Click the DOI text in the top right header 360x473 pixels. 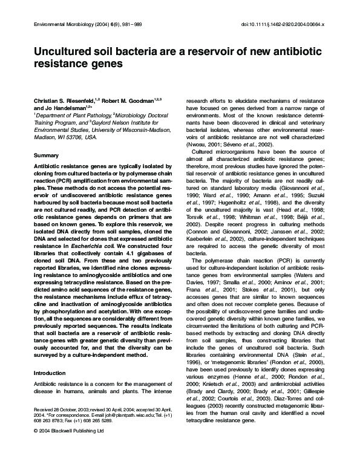(x=283, y=24)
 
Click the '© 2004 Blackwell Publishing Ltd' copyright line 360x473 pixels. (x=69, y=449)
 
